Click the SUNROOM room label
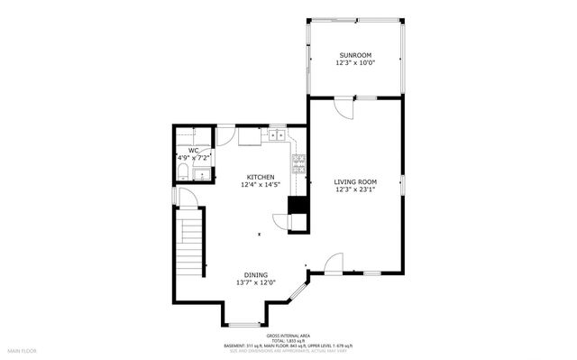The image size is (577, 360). click(x=355, y=55)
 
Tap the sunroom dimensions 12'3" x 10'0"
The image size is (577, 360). click(x=355, y=62)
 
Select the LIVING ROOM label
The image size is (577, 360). click(x=355, y=181)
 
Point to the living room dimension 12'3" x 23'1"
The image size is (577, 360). click(x=355, y=189)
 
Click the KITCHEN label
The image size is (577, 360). click(x=261, y=177)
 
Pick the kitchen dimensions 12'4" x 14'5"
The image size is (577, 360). click(x=261, y=184)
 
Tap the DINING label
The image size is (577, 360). click(x=255, y=275)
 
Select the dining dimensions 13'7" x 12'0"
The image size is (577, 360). click(x=255, y=282)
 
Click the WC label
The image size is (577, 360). click(x=193, y=151)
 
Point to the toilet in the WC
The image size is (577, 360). click(x=183, y=171)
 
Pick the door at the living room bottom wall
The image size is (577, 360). click(x=334, y=263)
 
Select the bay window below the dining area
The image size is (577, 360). click(x=243, y=323)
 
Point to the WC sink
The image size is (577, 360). click(x=204, y=173)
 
